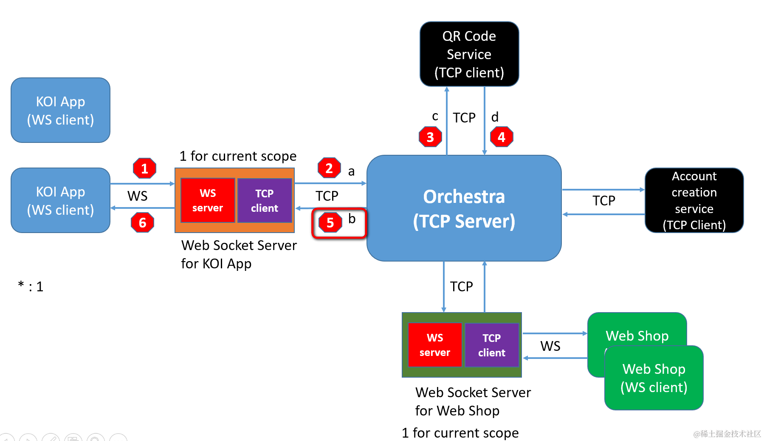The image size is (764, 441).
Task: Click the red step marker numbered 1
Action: coord(144,168)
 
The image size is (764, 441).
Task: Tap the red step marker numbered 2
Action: coord(329,168)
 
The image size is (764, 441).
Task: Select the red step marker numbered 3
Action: coord(430,137)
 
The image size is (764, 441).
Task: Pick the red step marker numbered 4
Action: coord(502,137)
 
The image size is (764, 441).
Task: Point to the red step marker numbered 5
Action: coord(330,222)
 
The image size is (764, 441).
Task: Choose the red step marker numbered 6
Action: coord(142,222)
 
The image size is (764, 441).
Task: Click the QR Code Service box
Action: coord(469,54)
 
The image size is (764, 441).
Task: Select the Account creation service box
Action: coord(694,200)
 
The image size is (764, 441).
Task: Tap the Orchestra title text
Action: coord(464,196)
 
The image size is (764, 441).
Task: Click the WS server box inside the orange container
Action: coord(208,200)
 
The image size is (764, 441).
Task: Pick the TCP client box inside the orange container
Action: coord(265,200)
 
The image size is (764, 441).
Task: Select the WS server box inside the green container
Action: coord(435,345)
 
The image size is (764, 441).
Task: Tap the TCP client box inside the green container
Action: coord(492,345)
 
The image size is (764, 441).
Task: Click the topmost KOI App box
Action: coord(60,110)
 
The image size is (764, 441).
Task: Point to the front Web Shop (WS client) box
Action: coord(654,378)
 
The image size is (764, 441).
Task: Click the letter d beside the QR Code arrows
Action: coord(495,117)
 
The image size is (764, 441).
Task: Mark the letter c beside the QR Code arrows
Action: coord(435,116)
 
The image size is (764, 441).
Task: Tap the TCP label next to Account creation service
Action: coord(603,201)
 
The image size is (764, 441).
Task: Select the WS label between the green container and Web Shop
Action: coord(550,346)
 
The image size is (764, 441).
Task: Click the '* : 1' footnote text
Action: coord(31,286)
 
